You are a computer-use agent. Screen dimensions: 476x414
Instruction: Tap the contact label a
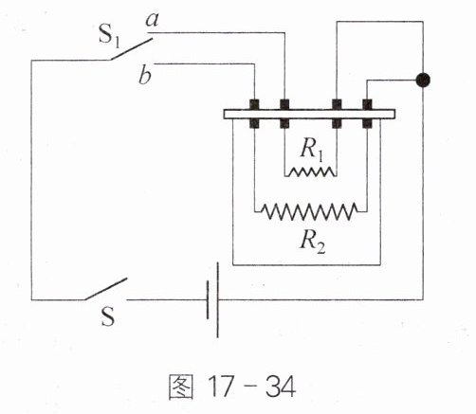click(x=153, y=21)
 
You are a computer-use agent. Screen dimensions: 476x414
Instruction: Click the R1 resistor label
click(x=312, y=150)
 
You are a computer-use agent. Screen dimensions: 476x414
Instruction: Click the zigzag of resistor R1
click(x=311, y=171)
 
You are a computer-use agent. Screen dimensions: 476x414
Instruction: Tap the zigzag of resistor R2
click(x=310, y=211)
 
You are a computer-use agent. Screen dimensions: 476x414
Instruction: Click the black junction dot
click(x=423, y=80)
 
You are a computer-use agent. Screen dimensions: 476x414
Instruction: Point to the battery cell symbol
click(x=212, y=299)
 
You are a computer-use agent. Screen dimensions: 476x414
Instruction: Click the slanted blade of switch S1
click(x=132, y=49)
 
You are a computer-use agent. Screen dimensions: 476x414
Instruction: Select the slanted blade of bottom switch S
click(x=106, y=289)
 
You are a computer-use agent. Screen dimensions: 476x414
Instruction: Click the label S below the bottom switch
click(x=108, y=316)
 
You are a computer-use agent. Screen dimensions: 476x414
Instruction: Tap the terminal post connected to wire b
click(x=254, y=114)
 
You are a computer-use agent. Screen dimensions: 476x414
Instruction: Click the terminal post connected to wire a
click(x=284, y=114)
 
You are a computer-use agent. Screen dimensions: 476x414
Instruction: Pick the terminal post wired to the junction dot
click(x=367, y=114)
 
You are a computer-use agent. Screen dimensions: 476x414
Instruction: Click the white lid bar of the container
click(x=309, y=114)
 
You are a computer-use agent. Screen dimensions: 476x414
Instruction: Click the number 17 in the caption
click(x=222, y=387)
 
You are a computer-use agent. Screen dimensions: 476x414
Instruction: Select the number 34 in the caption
click(x=281, y=387)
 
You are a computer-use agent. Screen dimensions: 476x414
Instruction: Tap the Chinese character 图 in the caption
click(x=181, y=387)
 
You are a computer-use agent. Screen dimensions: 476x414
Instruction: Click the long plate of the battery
click(x=218, y=299)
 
